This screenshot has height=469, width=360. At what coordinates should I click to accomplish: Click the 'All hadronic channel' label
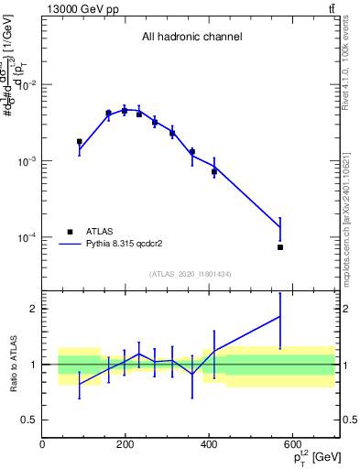coord(191,38)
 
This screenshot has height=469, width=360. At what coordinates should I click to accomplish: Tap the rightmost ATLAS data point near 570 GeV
coord(280,247)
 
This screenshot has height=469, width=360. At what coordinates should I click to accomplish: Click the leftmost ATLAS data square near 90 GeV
coord(80,142)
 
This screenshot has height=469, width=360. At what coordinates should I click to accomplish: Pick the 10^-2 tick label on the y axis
coord(27,85)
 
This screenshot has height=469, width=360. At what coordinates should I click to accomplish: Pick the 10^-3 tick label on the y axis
coord(27,161)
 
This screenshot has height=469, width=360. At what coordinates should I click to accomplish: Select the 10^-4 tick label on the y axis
coord(27,237)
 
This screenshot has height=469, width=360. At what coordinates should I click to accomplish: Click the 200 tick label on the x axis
coord(125,444)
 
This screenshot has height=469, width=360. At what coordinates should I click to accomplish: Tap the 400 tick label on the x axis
coord(209,444)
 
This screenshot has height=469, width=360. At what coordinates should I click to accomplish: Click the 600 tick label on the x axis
coord(292,444)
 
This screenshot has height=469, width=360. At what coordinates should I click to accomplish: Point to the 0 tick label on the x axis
coord(42,444)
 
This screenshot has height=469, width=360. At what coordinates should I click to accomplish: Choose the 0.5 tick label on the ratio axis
coord(28,420)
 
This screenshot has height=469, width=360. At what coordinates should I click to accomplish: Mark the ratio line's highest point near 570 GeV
coord(280,316)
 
